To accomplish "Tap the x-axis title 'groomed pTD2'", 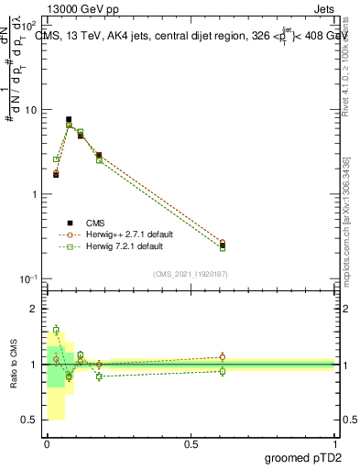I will [303, 457].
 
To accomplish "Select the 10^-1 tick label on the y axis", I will [28, 278].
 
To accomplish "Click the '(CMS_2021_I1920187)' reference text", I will [191, 273].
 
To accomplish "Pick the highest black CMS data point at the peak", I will [69, 119].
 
